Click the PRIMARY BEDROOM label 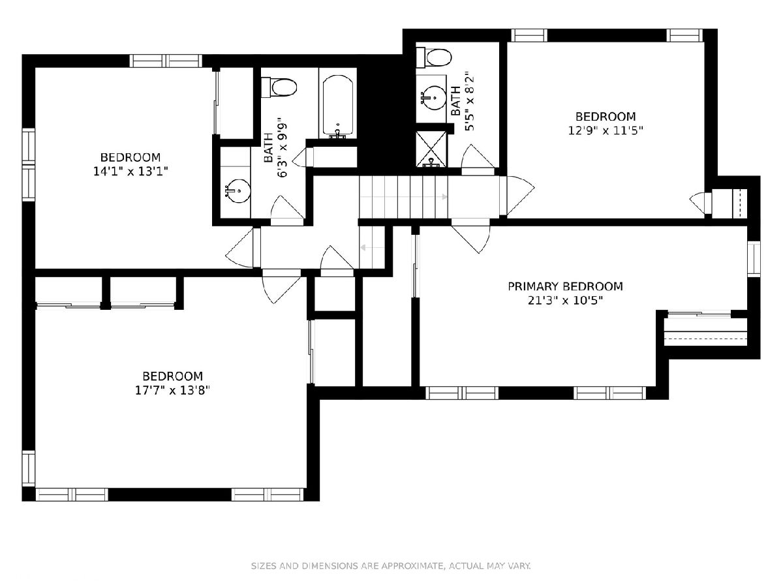[565, 286]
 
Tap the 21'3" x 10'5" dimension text [565, 301]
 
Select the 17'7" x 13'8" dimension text [172, 391]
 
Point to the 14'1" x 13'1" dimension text [130, 172]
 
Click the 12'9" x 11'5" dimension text [606, 131]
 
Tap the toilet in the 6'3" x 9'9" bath [279, 87]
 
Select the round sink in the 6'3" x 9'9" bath [238, 191]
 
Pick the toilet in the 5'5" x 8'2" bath [434, 57]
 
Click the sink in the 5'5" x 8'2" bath [433, 97]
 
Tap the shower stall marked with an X [431, 149]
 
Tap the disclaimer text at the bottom [391, 566]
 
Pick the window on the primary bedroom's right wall [754, 259]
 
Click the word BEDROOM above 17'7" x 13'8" [173, 376]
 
